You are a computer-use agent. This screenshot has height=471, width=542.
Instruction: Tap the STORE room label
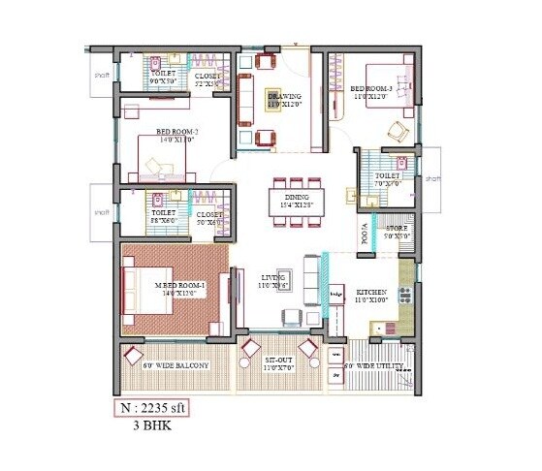coord(398,231)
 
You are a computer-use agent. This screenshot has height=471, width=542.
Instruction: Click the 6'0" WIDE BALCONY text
coord(175,365)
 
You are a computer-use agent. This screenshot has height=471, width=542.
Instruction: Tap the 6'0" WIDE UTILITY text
coord(373,365)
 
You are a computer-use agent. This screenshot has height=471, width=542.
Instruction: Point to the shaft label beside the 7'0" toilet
coord(432,179)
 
